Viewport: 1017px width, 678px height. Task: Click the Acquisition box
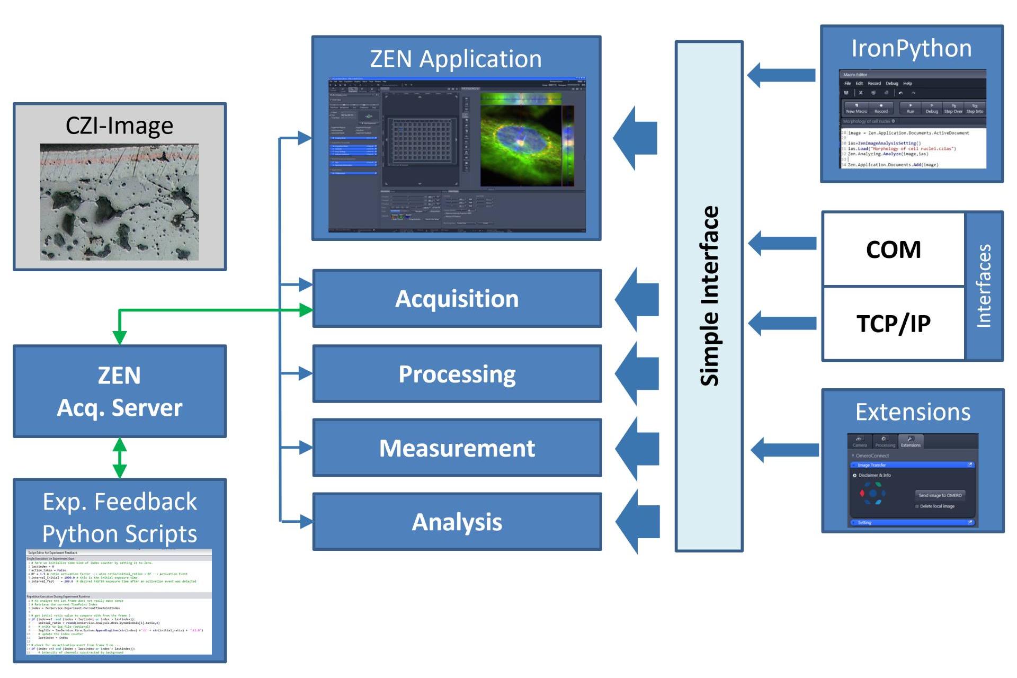(x=457, y=299)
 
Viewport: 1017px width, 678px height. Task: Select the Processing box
(x=457, y=374)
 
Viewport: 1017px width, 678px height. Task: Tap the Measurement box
(x=457, y=448)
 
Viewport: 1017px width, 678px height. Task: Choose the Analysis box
(x=457, y=522)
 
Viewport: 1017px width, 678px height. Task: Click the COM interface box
(x=893, y=249)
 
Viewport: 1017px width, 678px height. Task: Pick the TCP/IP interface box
(x=893, y=323)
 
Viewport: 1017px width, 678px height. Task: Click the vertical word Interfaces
(x=984, y=286)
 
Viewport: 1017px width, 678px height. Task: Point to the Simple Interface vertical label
(x=709, y=296)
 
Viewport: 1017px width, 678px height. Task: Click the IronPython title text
(x=911, y=49)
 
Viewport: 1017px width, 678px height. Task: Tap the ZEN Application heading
(x=456, y=59)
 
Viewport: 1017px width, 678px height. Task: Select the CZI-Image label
(x=119, y=126)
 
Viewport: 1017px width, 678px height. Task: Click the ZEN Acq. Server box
(x=119, y=391)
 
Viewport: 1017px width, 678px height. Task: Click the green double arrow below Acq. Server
(x=120, y=458)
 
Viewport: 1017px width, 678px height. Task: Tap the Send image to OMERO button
(x=940, y=495)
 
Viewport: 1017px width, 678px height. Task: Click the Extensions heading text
(x=913, y=412)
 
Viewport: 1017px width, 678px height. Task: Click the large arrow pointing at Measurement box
(x=639, y=448)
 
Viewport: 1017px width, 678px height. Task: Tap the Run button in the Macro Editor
(x=910, y=108)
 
